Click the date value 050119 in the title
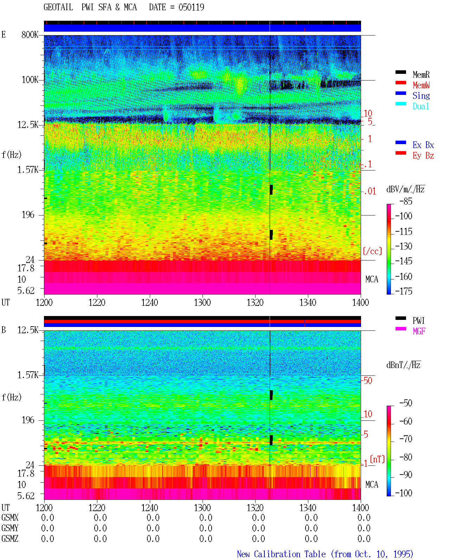coord(191,7)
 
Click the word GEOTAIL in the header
coord(58,7)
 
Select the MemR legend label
coord(421,75)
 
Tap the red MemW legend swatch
coord(400,83)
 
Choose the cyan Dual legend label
coord(420,106)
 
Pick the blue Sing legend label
coord(421,96)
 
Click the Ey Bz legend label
coord(423,156)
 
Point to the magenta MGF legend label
coord(419,331)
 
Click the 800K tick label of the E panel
coord(30,34)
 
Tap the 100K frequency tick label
coord(30,80)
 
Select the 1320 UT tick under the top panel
coord(255,302)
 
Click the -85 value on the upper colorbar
coord(406,201)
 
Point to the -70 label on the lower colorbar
coord(406,439)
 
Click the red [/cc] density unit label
coord(372,251)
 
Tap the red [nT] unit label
coord(377,459)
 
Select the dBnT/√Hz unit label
coord(404,365)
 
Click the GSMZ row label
coord(10,539)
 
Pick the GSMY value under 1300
coord(206,528)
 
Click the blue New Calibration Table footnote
coord(325,554)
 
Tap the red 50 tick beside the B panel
coord(367,381)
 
